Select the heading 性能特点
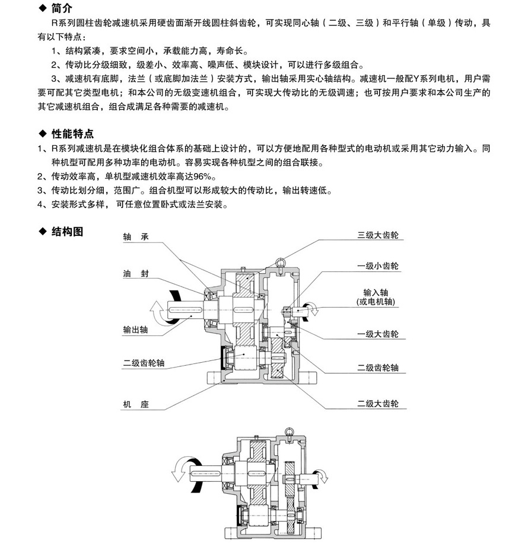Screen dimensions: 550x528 [73, 135]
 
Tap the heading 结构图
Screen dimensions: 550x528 [67, 231]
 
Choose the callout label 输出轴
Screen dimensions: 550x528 [135, 330]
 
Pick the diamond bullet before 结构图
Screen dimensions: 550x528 [42, 231]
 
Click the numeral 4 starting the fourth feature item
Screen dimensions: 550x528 [40, 204]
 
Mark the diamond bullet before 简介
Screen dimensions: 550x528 [42, 8]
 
